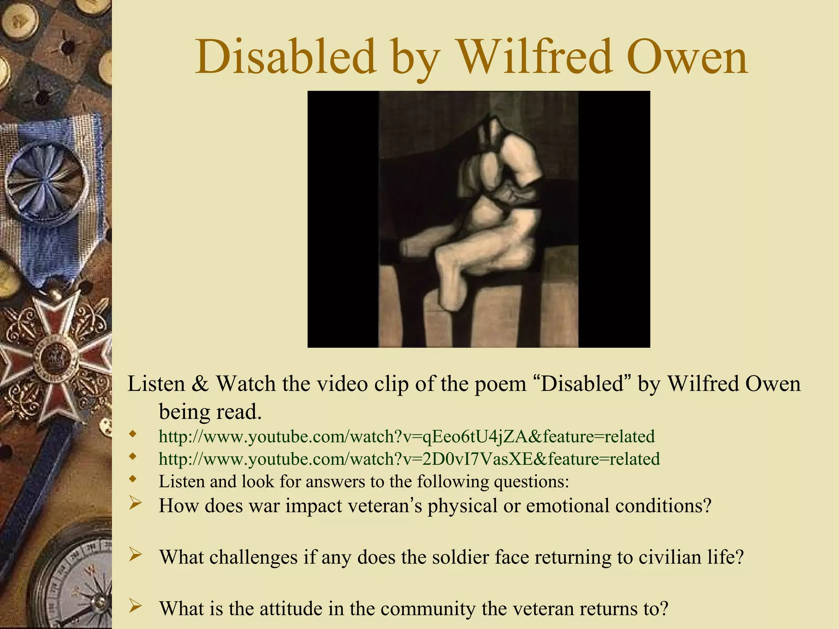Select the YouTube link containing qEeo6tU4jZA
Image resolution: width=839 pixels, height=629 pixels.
point(406,437)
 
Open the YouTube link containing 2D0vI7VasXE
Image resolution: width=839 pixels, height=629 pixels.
point(409,459)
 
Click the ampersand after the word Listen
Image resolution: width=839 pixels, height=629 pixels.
point(200,384)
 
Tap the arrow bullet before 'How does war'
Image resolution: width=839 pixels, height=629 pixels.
point(135,503)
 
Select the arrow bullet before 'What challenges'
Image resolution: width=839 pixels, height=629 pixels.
point(135,555)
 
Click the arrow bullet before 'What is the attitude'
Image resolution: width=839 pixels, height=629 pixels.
point(135,606)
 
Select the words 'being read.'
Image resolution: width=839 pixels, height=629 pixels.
point(210,412)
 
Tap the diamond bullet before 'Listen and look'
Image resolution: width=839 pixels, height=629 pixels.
point(132,478)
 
